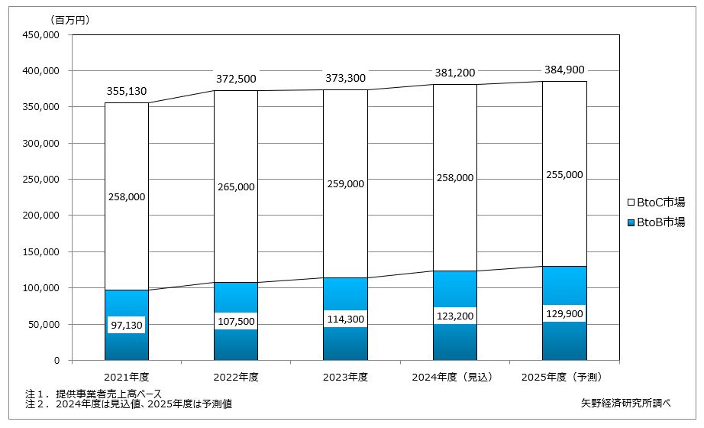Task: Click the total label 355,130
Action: (127, 92)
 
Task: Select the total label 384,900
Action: (564, 70)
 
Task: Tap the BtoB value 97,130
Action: (127, 326)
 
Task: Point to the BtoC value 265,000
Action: (236, 187)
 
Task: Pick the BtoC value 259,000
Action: (346, 184)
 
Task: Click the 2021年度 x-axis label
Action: (127, 377)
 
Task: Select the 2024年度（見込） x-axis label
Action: (455, 377)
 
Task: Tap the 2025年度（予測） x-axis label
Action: (564, 377)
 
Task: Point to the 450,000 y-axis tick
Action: (40, 35)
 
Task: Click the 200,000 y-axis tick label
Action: (40, 216)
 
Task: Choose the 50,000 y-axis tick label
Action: (43, 324)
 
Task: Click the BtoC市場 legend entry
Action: (654, 203)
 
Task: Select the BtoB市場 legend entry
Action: (654, 222)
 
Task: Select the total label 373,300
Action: (346, 78)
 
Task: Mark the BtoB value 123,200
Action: (455, 316)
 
